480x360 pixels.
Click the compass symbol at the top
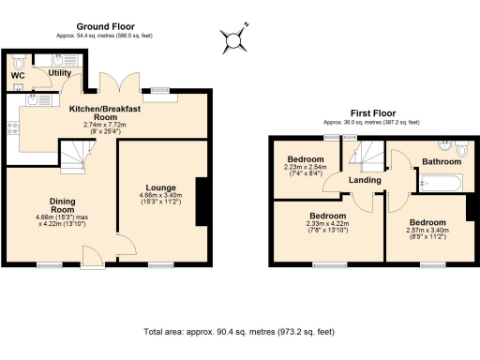coord(233,39)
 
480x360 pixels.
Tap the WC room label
coord(18,75)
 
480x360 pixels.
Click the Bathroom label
coord(442,161)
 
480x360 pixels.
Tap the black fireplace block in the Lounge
coord(201,201)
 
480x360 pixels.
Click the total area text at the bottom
coord(239,332)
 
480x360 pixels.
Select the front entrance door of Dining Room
coord(94,255)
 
